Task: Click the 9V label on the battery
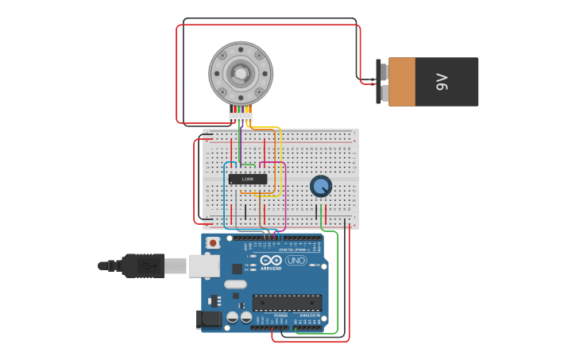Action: point(443,81)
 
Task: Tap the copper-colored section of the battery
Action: point(402,81)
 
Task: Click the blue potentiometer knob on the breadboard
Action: point(321,186)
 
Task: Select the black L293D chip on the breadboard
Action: point(248,179)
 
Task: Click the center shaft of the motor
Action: point(240,74)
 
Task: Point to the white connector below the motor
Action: point(241,117)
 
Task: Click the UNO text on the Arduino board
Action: point(296,261)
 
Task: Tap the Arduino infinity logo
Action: point(271,260)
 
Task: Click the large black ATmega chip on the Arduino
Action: point(287,303)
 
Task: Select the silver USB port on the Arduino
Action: point(204,265)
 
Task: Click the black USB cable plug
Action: point(143,265)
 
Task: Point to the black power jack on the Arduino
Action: point(210,319)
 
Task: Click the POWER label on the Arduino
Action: point(281,315)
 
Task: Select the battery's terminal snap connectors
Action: point(384,81)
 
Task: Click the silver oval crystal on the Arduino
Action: point(236,284)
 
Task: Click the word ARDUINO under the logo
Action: point(271,269)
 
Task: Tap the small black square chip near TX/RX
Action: point(237,269)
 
